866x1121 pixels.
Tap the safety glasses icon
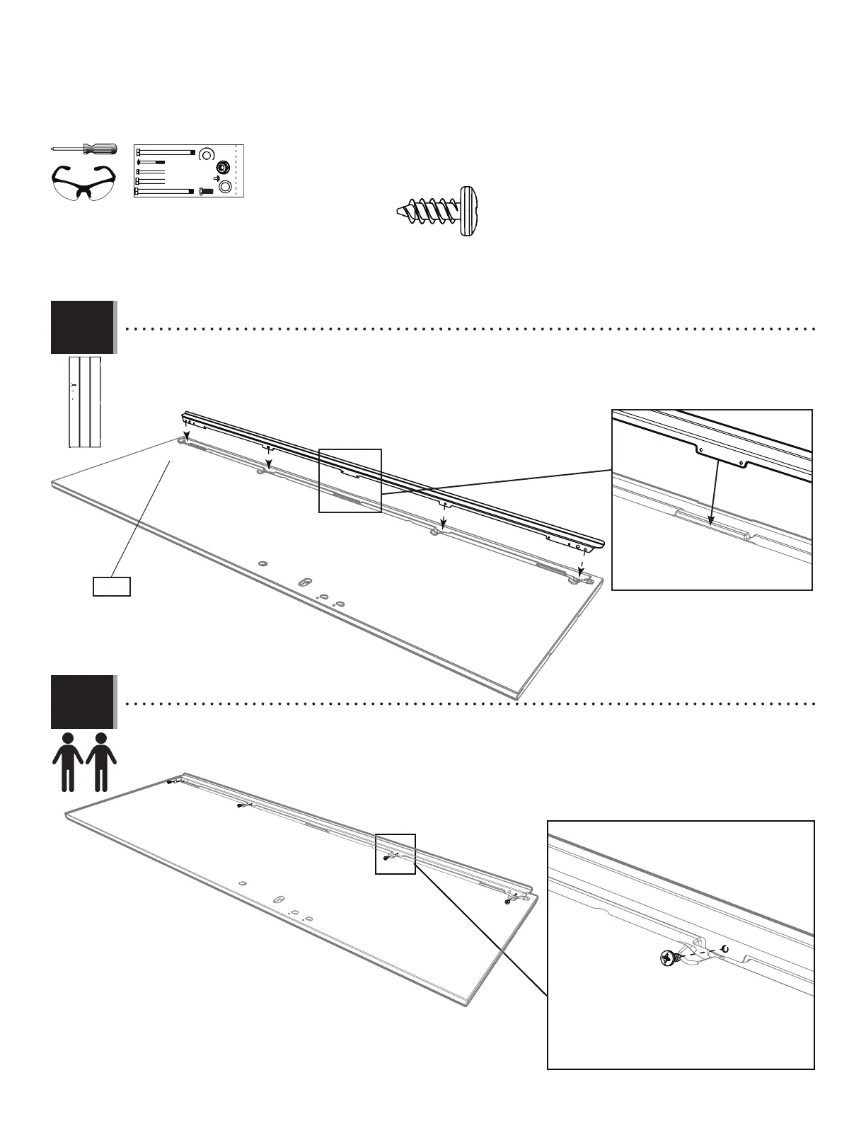[84, 184]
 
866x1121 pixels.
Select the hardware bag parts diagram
[188, 171]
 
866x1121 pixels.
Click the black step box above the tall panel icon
[82, 327]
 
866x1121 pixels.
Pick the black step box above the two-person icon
[82, 702]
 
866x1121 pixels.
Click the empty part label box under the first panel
[112, 587]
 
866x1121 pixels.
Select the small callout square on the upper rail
[350, 481]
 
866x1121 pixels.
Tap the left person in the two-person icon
[68, 761]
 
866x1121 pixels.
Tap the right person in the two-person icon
[101, 761]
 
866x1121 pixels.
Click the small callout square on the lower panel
[395, 854]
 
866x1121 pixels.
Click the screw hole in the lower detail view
[724, 949]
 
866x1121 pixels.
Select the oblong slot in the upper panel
[305, 582]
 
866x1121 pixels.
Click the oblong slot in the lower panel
[279, 899]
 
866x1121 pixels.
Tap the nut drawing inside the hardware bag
[221, 168]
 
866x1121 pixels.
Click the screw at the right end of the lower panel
[508, 902]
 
